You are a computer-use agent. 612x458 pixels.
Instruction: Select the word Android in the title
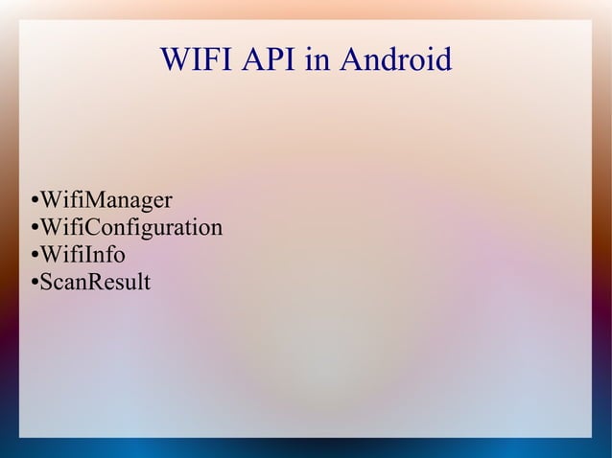(393, 62)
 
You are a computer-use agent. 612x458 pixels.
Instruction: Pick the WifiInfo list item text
(82, 256)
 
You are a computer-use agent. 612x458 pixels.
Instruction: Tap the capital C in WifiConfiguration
(82, 228)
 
